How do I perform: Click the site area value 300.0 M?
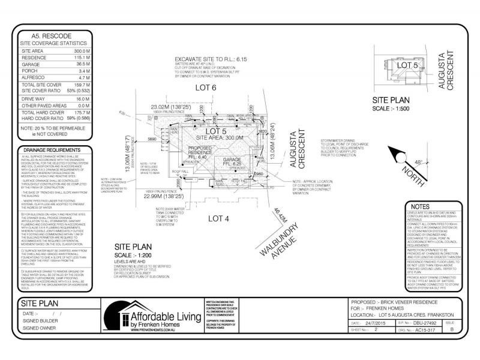pos(82,52)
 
